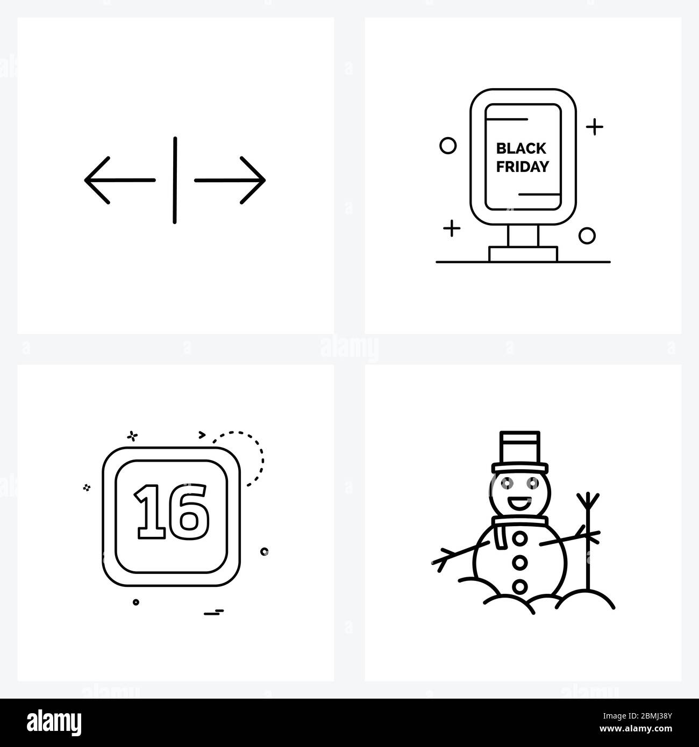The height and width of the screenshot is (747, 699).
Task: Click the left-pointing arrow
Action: (120, 180)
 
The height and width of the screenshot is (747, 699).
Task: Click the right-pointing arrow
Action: (230, 181)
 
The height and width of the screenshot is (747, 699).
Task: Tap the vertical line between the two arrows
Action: (175, 180)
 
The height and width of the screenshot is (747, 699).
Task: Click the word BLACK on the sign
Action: (521, 148)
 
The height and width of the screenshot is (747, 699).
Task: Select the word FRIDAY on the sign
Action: (523, 167)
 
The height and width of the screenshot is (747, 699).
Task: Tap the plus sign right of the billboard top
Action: (594, 127)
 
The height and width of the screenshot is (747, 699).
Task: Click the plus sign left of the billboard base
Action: (452, 228)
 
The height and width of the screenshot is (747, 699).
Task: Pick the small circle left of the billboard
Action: (448, 146)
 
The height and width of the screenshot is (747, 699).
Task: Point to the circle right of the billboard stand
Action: (587, 236)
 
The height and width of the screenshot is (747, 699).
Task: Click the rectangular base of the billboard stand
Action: (523, 254)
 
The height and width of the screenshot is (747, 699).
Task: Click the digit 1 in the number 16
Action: (151, 512)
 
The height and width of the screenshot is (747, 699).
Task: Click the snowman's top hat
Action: (520, 452)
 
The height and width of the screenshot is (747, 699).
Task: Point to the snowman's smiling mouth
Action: (519, 502)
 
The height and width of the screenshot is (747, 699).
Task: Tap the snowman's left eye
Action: (507, 483)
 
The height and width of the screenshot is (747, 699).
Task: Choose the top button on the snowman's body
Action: (519, 539)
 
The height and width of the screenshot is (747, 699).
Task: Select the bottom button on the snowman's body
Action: (519, 586)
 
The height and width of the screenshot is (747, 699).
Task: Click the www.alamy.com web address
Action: (636, 729)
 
